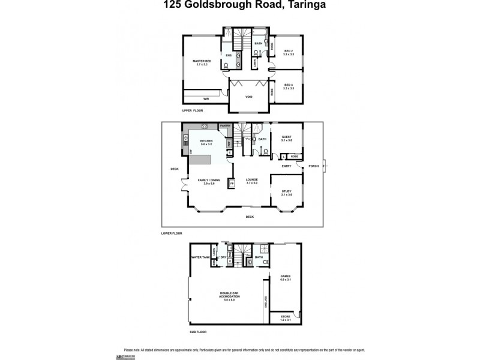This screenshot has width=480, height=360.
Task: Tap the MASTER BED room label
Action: pos(202,61)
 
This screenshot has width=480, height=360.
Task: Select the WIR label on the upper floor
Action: pos(206,98)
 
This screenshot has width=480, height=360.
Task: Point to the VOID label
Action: pos(249,97)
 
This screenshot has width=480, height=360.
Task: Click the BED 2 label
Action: pos(288,51)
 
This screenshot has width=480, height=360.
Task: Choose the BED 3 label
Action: pos(288,85)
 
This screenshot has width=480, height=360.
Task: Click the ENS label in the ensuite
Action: pos(229,55)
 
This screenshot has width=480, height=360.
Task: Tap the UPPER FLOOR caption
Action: pos(193,111)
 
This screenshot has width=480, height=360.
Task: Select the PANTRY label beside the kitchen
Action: pos(225,125)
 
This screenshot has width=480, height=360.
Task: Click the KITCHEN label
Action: pos(206,141)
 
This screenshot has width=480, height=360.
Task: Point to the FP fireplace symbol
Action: pos(232,183)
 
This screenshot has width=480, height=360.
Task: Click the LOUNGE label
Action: pos(251,179)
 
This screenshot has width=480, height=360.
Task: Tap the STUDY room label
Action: pos(286,191)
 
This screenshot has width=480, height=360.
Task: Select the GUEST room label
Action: pos(286,137)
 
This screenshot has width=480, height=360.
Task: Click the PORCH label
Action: pos(313,166)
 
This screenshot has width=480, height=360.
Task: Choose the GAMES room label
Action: pos(285,277)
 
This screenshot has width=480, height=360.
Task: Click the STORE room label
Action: pos(285,317)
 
